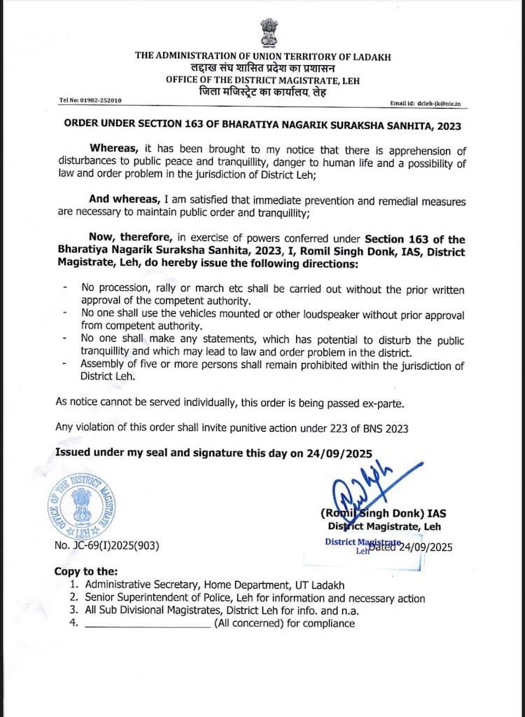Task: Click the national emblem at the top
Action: [x=269, y=32]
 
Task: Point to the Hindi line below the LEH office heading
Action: [x=262, y=92]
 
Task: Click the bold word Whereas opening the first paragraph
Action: [x=115, y=150]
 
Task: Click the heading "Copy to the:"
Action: [x=86, y=571]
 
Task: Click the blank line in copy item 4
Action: [x=148, y=623]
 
